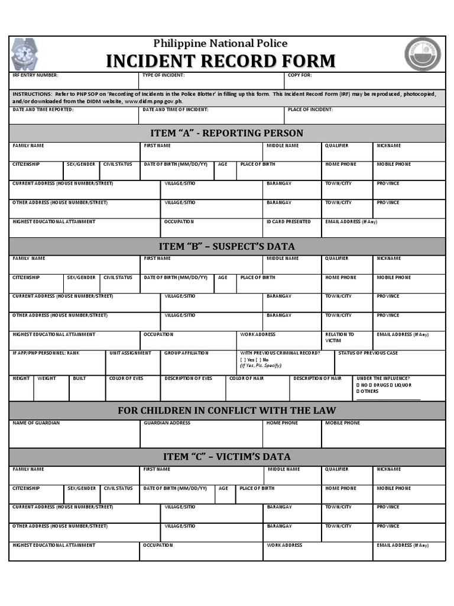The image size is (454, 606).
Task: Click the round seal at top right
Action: click(x=422, y=54)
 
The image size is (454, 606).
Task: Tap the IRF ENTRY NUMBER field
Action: click(x=73, y=81)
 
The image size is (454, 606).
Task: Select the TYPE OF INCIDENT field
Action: click(x=211, y=81)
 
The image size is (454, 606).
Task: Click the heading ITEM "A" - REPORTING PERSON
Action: click(x=227, y=133)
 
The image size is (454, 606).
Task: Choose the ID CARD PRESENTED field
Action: click(x=292, y=228)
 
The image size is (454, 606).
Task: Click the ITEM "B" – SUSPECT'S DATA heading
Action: click(x=227, y=246)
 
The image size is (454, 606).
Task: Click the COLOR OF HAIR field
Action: click(x=257, y=389)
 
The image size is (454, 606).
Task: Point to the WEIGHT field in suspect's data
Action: click(x=51, y=389)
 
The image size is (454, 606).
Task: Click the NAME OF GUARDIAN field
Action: click(x=74, y=435)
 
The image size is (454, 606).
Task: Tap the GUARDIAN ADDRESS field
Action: click(x=201, y=435)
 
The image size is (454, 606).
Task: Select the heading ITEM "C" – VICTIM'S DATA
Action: click(x=227, y=457)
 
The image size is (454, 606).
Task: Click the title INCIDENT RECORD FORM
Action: click(x=220, y=61)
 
